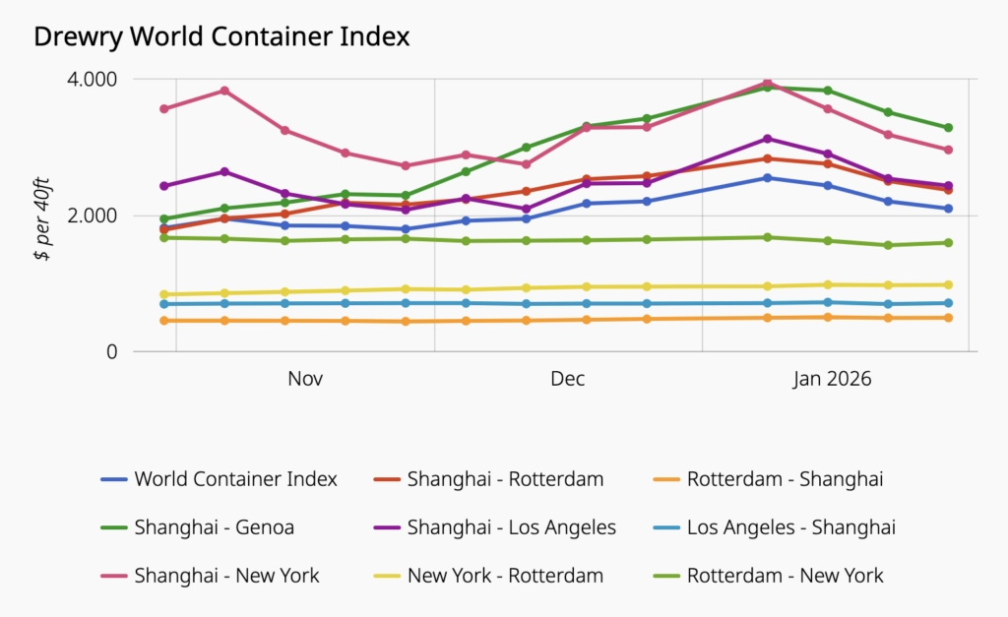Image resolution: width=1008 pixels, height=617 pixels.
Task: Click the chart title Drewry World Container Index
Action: pyautogui.click(x=221, y=36)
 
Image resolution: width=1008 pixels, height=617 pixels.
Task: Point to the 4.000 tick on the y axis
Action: pyautogui.click(x=91, y=79)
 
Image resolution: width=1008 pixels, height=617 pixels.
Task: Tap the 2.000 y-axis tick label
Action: pyautogui.click(x=91, y=216)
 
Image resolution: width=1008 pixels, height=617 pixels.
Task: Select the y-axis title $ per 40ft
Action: pyautogui.click(x=41, y=216)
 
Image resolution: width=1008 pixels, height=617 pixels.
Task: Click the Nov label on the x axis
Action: pyautogui.click(x=306, y=380)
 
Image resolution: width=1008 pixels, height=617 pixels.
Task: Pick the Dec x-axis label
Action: pyautogui.click(x=568, y=380)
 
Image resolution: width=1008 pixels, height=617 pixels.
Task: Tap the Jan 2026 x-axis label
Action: pyautogui.click(x=834, y=380)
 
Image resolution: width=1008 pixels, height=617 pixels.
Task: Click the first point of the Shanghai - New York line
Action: pyautogui.click(x=164, y=108)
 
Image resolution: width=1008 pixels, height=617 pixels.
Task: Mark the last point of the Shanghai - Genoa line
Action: pyautogui.click(x=948, y=128)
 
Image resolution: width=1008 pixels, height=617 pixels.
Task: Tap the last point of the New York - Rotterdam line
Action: pyautogui.click(x=948, y=285)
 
